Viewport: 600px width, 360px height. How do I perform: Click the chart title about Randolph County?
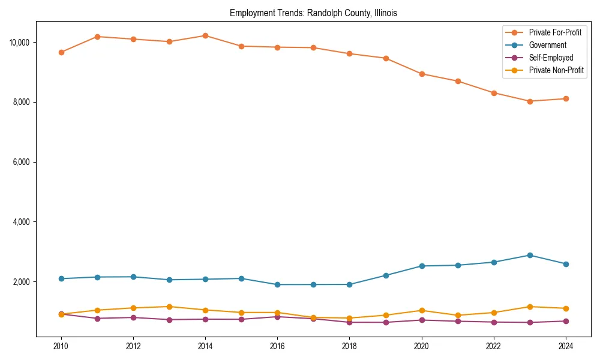pyautogui.click(x=313, y=13)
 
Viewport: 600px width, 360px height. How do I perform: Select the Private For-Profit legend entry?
pyautogui.click(x=555, y=32)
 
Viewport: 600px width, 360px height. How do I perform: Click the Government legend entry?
pyautogui.click(x=547, y=45)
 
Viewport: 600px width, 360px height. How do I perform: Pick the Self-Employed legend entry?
pyautogui.click(x=551, y=58)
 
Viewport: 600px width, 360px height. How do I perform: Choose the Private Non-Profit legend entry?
pyautogui.click(x=556, y=70)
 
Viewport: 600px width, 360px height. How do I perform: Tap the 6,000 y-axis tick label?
pyautogui.click(x=22, y=162)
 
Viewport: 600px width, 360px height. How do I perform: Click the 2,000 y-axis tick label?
pyautogui.click(x=22, y=282)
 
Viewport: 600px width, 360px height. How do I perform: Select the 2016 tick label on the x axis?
pyautogui.click(x=277, y=346)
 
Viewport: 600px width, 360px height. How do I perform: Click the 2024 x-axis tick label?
pyautogui.click(x=566, y=346)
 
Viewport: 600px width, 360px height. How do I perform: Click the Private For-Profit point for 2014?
pyautogui.click(x=205, y=35)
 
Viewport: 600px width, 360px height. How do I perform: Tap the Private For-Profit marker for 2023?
pyautogui.click(x=530, y=101)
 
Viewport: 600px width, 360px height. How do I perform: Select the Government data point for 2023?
pyautogui.click(x=530, y=255)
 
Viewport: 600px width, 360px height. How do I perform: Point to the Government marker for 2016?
pyautogui.click(x=277, y=284)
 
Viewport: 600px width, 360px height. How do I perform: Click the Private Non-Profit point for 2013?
pyautogui.click(x=169, y=307)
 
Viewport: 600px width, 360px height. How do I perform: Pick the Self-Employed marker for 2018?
pyautogui.click(x=350, y=322)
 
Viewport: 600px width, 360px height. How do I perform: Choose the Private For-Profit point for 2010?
pyautogui.click(x=61, y=52)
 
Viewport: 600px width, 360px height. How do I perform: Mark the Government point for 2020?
pyautogui.click(x=422, y=266)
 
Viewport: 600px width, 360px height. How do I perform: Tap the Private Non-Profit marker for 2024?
pyautogui.click(x=566, y=308)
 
